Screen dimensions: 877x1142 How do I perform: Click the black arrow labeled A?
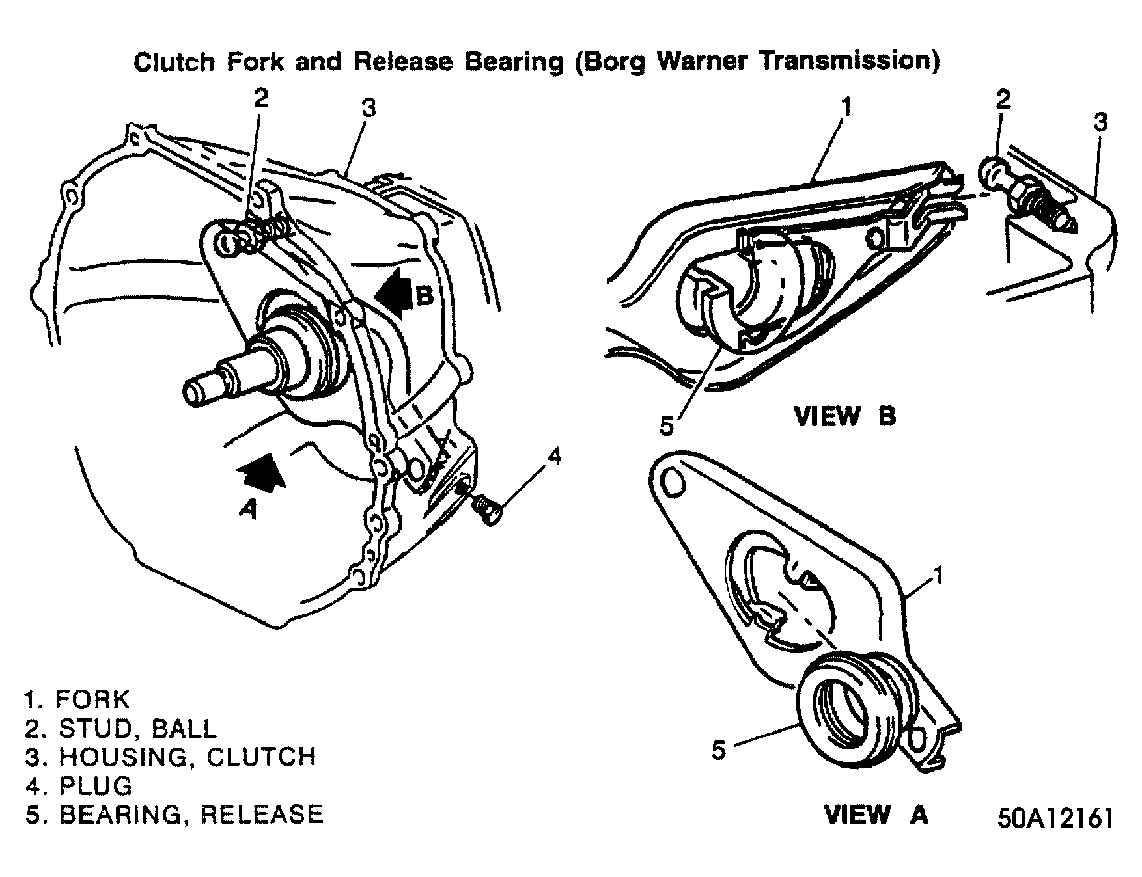pyautogui.click(x=263, y=470)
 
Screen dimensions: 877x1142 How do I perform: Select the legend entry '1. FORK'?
pyautogui.click(x=77, y=700)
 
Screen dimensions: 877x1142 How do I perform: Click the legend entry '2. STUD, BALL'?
pyautogui.click(x=120, y=729)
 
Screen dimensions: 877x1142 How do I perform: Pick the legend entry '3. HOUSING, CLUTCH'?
pyautogui.click(x=171, y=757)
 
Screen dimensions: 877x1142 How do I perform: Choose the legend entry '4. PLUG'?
pyautogui.click(x=79, y=786)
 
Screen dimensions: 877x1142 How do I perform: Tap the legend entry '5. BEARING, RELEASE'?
pyautogui.click(x=174, y=815)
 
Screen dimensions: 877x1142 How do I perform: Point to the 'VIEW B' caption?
pyautogui.click(x=845, y=416)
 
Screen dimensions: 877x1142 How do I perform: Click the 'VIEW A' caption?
pyautogui.click(x=876, y=815)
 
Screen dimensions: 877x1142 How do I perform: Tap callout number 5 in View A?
pyautogui.click(x=717, y=750)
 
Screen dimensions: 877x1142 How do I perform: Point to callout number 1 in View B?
pyautogui.click(x=845, y=106)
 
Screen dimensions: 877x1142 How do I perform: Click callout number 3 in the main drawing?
pyautogui.click(x=369, y=107)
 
